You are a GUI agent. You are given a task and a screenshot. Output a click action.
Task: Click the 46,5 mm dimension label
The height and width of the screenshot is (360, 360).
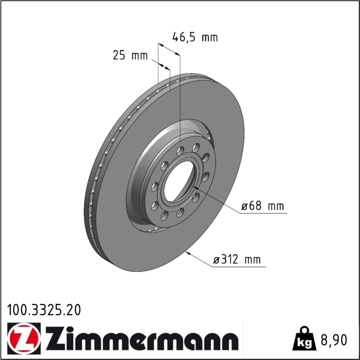point(195,37)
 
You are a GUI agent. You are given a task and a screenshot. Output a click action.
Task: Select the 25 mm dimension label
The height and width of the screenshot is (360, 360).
point(130,55)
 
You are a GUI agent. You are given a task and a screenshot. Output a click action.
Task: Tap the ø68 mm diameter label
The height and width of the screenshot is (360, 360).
point(262,206)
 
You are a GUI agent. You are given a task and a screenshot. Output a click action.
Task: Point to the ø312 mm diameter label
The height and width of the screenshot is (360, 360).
point(237,260)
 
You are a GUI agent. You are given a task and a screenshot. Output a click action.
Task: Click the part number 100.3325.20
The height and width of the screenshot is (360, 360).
point(44,310)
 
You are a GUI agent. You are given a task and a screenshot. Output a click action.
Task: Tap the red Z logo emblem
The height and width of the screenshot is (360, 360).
point(24,338)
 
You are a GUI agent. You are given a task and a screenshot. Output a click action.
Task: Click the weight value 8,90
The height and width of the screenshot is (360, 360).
point(334,340)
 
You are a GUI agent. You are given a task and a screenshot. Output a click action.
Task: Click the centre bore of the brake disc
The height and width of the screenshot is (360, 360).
point(180,181)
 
